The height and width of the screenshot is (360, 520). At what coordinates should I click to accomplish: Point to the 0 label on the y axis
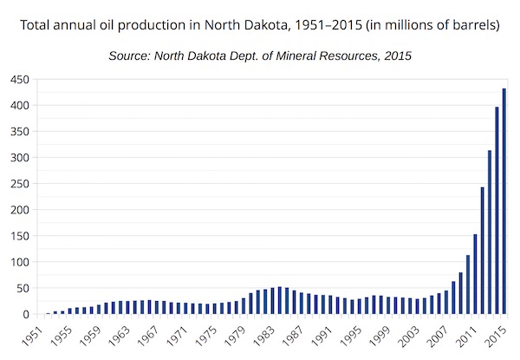pyautogui.click(x=26, y=314)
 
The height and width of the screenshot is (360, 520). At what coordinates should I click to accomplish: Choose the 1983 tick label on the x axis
pyautogui.click(x=260, y=336)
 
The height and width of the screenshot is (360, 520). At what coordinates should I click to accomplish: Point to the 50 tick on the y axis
pyautogui.click(x=23, y=288)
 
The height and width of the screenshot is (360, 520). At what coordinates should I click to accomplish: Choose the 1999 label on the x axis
pyautogui.click(x=375, y=336)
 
